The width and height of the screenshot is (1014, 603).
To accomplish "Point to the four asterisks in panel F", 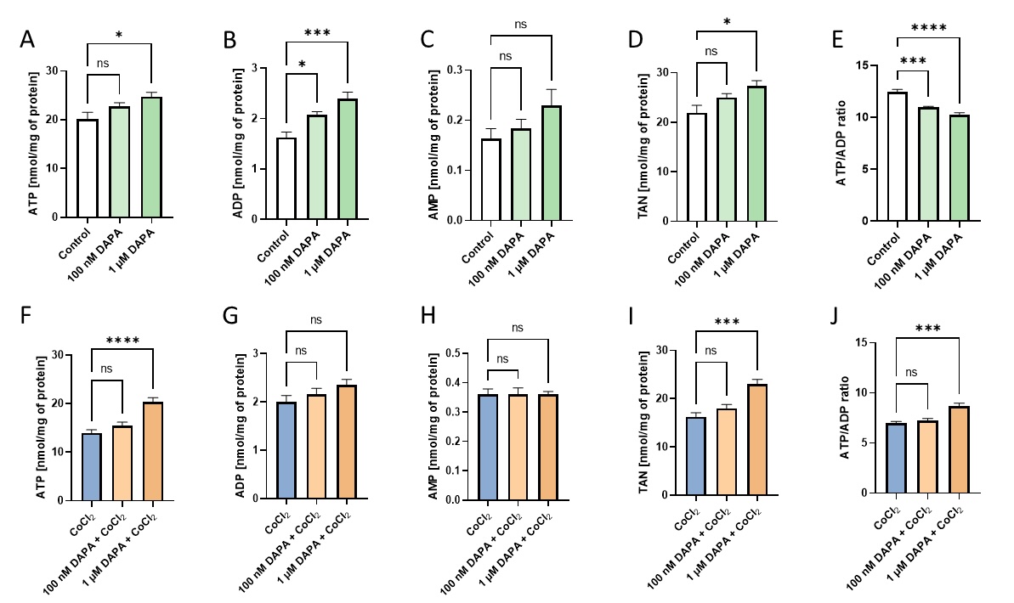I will click(120, 343).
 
